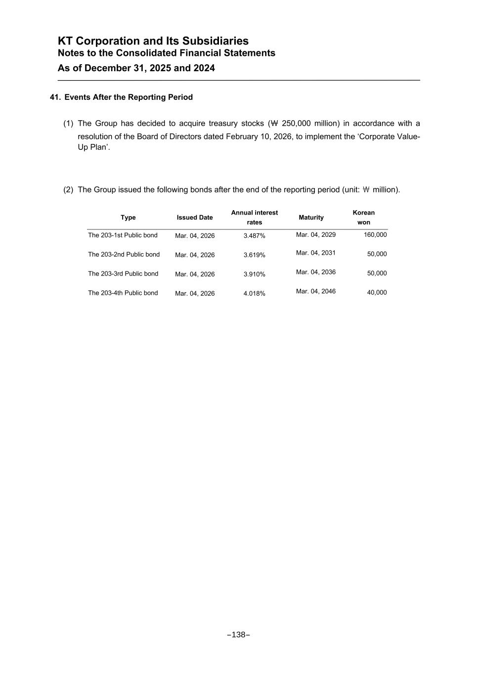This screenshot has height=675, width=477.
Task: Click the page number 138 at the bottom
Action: [x=238, y=634]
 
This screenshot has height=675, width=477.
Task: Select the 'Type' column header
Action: [x=128, y=218]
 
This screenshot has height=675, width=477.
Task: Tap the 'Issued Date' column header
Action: [x=195, y=218]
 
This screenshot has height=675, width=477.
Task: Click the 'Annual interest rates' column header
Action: [x=255, y=218]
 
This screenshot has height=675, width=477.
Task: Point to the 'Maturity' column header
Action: [x=311, y=218]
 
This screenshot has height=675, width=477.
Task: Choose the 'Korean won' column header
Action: [x=364, y=218]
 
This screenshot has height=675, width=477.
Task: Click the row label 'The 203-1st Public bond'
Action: [x=123, y=235]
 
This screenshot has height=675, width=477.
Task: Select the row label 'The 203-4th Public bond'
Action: [x=123, y=293]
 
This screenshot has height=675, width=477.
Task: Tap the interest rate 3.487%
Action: [x=255, y=236]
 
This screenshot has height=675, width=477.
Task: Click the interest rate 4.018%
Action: [x=255, y=294]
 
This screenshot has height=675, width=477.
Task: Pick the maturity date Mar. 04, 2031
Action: [x=316, y=253]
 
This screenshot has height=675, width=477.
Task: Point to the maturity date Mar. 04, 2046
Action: [x=316, y=291]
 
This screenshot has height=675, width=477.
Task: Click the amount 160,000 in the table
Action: [x=375, y=234]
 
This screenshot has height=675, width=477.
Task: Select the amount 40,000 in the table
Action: [x=377, y=292]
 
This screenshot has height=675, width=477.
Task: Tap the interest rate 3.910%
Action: [x=255, y=274]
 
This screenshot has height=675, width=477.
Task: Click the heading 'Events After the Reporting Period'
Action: [x=129, y=97]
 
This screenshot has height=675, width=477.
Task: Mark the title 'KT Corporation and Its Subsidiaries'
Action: [x=153, y=41]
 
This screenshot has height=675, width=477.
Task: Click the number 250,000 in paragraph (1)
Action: [x=296, y=123]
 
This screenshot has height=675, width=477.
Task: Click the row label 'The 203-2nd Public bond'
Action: [x=124, y=254]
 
